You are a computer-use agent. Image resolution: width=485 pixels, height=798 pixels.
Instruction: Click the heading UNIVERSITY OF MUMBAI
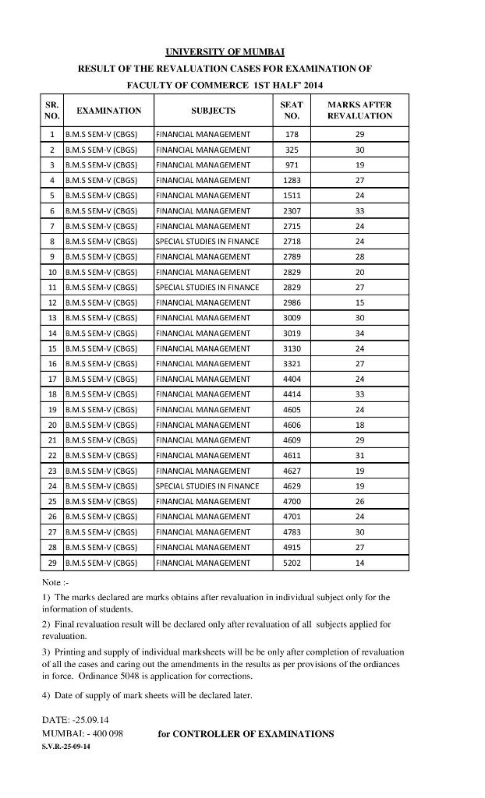225,52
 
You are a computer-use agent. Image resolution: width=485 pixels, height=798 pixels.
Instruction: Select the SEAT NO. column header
291,110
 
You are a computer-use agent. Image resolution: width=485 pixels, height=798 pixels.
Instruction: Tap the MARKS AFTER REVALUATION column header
359,110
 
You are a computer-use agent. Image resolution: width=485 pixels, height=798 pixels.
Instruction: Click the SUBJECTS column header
213,111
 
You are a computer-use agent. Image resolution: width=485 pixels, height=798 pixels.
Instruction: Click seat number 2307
292,210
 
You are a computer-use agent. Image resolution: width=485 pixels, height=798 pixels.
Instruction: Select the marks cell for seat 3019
359,333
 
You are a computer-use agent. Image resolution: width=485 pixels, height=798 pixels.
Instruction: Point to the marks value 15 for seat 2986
359,302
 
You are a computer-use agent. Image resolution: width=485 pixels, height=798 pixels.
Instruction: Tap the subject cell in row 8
207,242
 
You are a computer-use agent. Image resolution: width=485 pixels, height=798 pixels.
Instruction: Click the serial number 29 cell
52,563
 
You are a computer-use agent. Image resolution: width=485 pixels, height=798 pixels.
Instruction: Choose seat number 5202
292,563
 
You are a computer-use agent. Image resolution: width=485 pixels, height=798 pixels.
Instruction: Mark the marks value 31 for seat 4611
359,455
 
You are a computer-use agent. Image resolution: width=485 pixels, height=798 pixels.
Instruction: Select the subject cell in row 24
207,486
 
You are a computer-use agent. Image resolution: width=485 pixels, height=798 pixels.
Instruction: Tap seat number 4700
292,501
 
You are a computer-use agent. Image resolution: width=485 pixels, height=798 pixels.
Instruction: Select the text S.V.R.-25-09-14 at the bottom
65,747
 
